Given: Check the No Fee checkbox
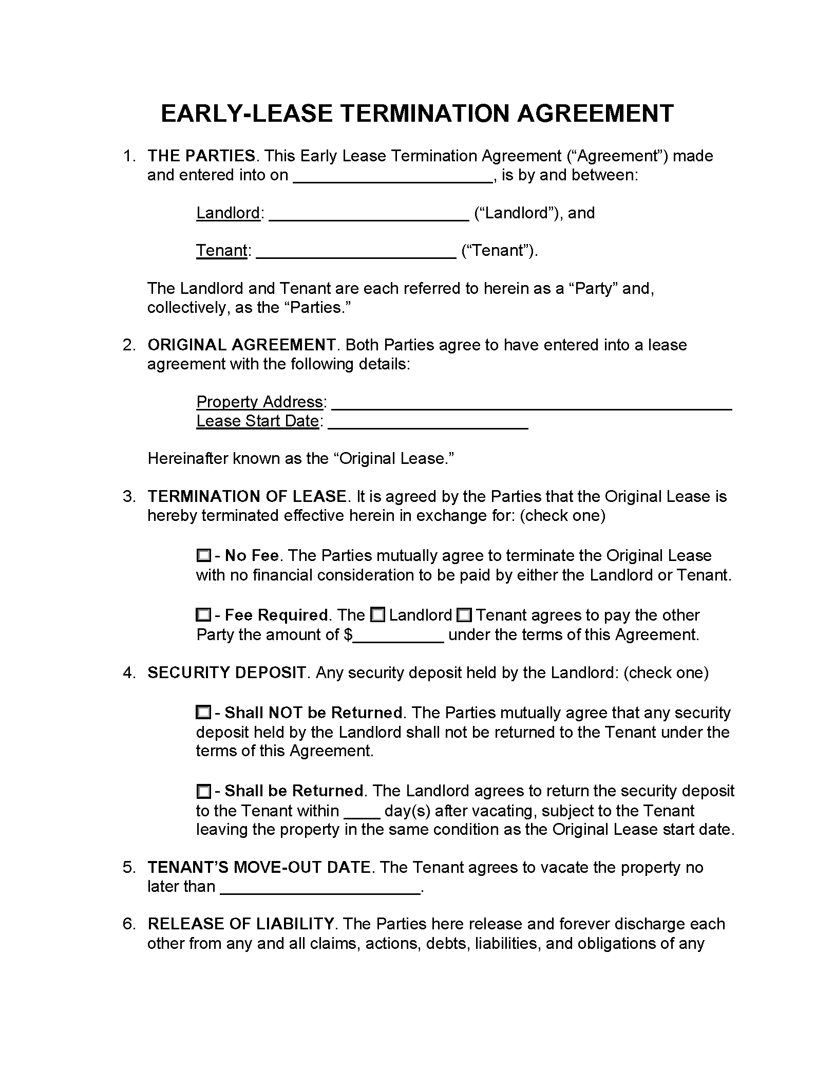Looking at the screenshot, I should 203,555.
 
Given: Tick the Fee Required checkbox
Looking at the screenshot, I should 203,615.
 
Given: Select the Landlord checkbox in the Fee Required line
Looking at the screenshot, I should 377,615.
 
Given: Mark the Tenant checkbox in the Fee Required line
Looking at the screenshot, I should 464,615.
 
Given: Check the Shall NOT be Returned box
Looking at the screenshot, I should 203,713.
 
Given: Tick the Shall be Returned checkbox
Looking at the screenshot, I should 203,791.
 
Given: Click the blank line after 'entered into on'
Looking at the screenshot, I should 393,176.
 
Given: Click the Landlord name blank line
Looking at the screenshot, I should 369,214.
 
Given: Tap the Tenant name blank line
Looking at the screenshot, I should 356,252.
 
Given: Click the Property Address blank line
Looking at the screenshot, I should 532,403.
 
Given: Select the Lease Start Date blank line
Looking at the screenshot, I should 428,422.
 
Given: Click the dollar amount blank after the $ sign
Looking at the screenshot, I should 399,636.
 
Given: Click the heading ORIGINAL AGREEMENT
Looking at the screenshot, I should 241,345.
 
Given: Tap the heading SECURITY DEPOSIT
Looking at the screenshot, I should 226,672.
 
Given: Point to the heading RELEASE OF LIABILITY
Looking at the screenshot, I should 241,924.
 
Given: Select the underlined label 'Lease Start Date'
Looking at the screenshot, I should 258,421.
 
